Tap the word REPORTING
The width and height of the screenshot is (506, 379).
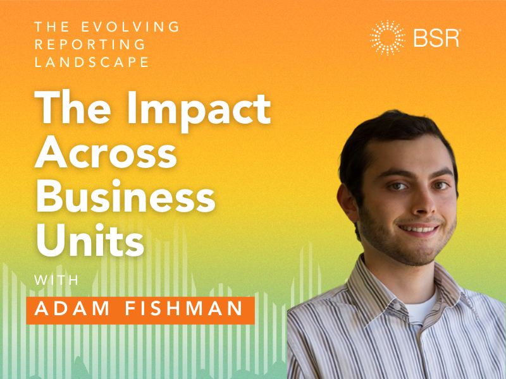point(91,45)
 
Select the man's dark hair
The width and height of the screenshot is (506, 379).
point(392,136)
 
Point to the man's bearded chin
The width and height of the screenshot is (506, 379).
point(420,253)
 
